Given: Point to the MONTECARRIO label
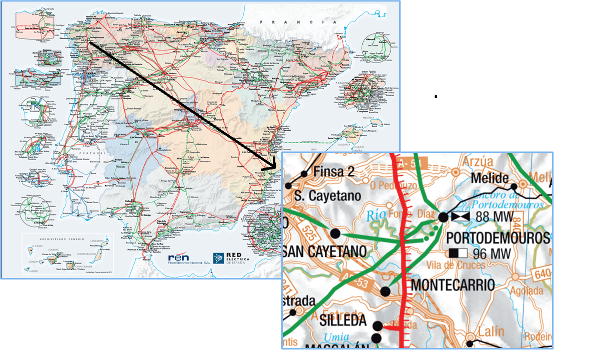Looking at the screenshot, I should pyautogui.click(x=453, y=285).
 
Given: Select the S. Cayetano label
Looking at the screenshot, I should pyautogui.click(x=328, y=196).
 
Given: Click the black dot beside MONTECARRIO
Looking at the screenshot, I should pyautogui.click(x=385, y=291).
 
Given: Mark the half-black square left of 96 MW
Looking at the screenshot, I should pyautogui.click(x=458, y=253).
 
